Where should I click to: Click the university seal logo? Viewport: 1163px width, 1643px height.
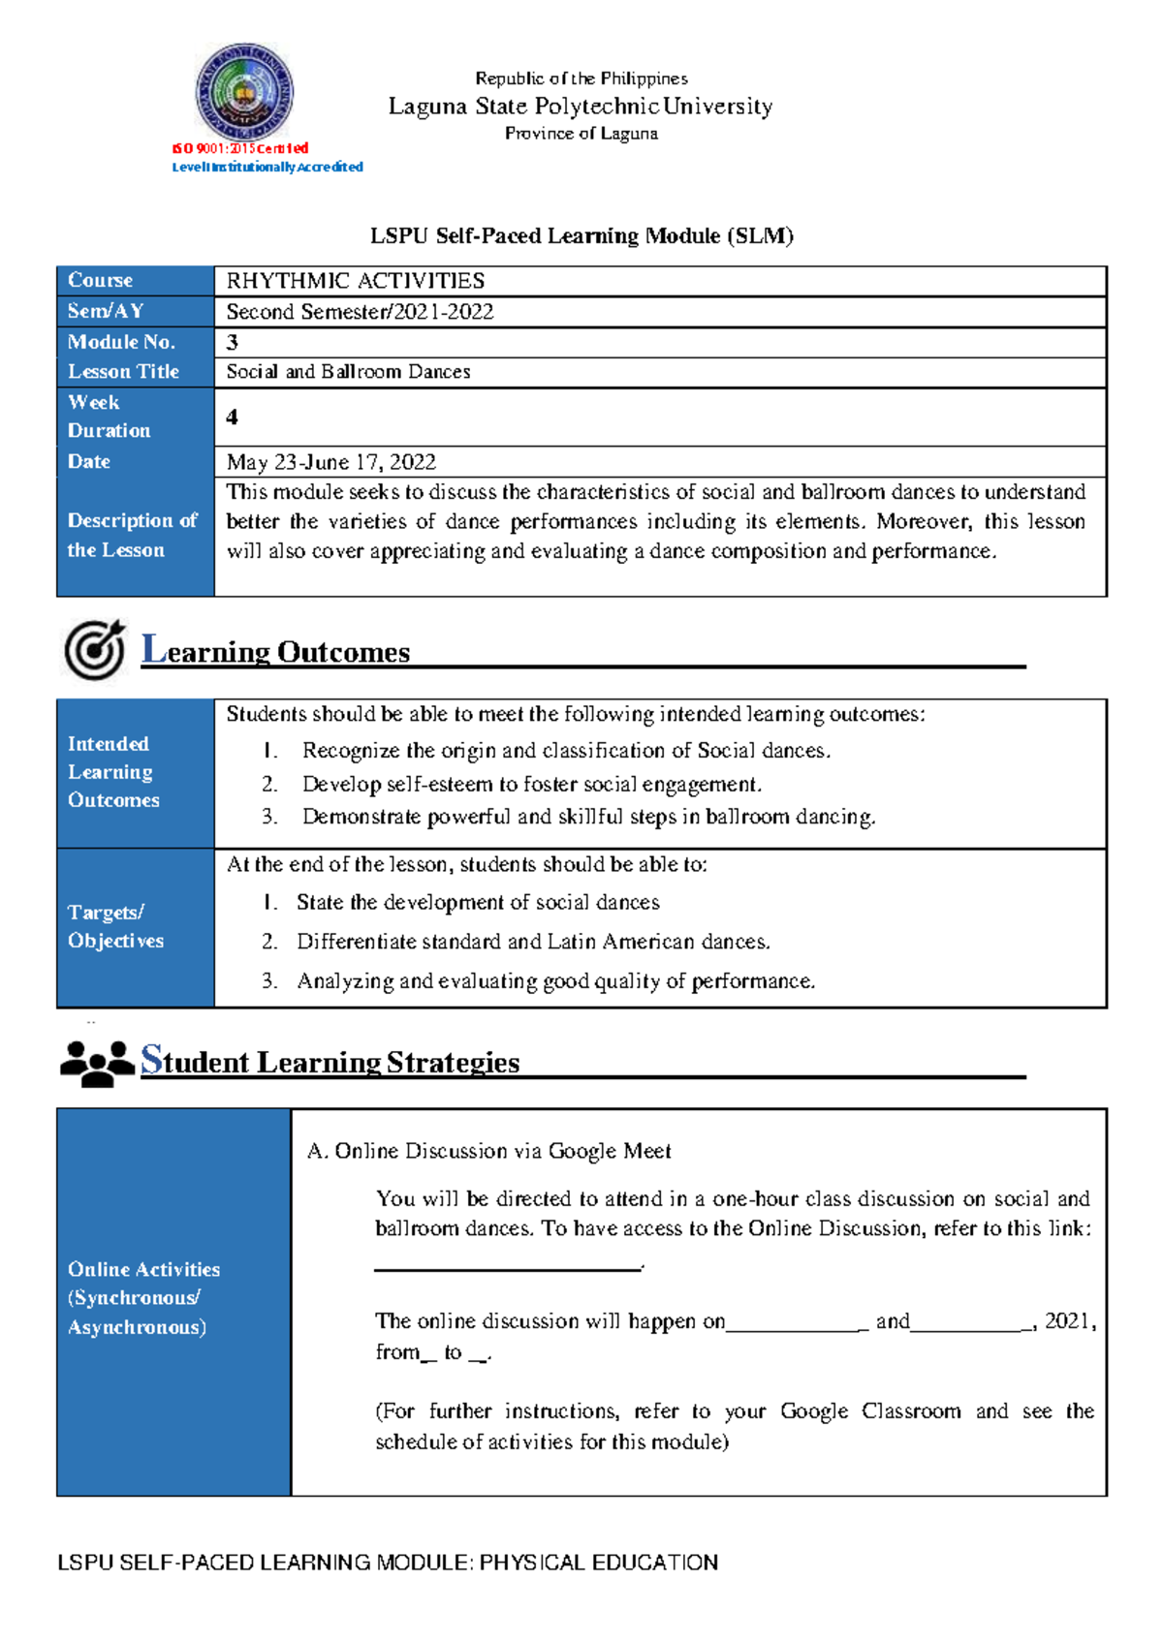(x=244, y=92)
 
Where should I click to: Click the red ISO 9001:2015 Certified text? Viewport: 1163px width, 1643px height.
(x=240, y=148)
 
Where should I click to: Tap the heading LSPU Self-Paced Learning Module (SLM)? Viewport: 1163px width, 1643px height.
(x=581, y=235)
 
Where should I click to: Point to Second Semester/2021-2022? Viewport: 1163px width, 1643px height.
(x=360, y=312)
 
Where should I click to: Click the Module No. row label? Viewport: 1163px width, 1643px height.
(x=121, y=342)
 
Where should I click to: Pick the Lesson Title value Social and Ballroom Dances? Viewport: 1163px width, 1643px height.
(x=348, y=372)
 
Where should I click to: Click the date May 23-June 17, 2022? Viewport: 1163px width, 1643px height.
(x=330, y=462)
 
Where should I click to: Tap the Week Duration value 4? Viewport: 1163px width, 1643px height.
(x=232, y=418)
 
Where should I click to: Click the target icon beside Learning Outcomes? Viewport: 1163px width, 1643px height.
(x=95, y=649)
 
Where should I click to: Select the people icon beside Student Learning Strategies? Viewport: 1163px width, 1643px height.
(x=97, y=1063)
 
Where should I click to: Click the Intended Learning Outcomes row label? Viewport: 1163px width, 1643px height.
(x=112, y=772)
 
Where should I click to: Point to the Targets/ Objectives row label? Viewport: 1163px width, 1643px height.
(x=115, y=926)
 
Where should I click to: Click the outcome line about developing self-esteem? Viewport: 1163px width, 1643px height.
(x=531, y=784)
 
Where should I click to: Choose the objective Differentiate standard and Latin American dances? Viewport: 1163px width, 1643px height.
(x=533, y=942)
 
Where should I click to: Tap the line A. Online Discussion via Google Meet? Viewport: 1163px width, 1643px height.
(x=488, y=1151)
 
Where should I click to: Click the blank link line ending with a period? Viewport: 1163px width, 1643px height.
(x=509, y=1266)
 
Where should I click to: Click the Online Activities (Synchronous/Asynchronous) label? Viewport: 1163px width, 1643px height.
(x=142, y=1298)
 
